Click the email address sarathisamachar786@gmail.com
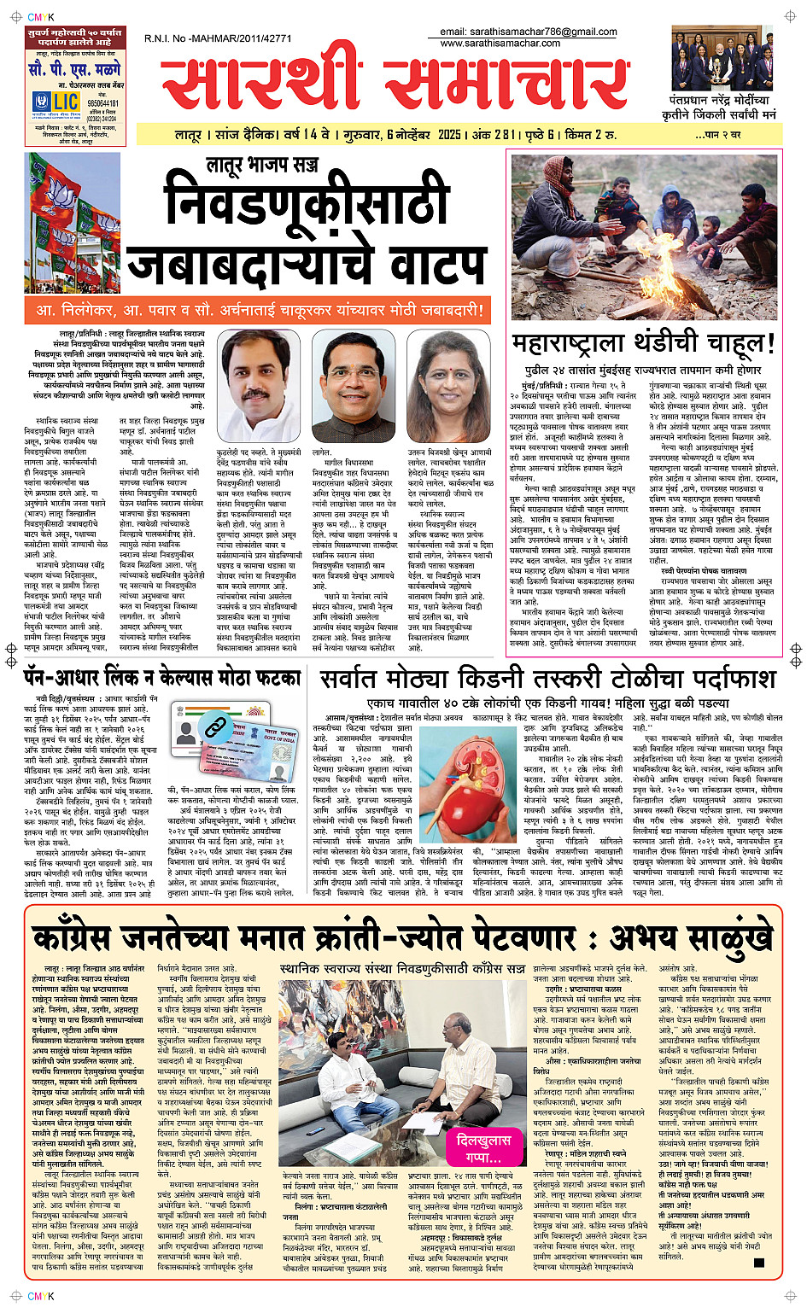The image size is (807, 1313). click(528, 32)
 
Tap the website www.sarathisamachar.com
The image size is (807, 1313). click(500, 43)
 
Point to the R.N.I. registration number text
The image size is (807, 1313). click(218, 38)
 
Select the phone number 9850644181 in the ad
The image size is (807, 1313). click(102, 103)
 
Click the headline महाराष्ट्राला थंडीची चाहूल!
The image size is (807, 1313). click(643, 343)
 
